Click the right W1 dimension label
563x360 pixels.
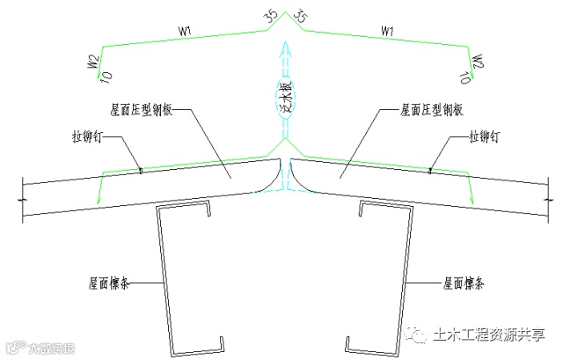(x=386, y=32)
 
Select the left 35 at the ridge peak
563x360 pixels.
(x=269, y=15)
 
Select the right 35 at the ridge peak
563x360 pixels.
(x=299, y=15)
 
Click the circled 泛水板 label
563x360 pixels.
(x=285, y=95)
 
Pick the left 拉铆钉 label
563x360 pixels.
(x=88, y=137)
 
